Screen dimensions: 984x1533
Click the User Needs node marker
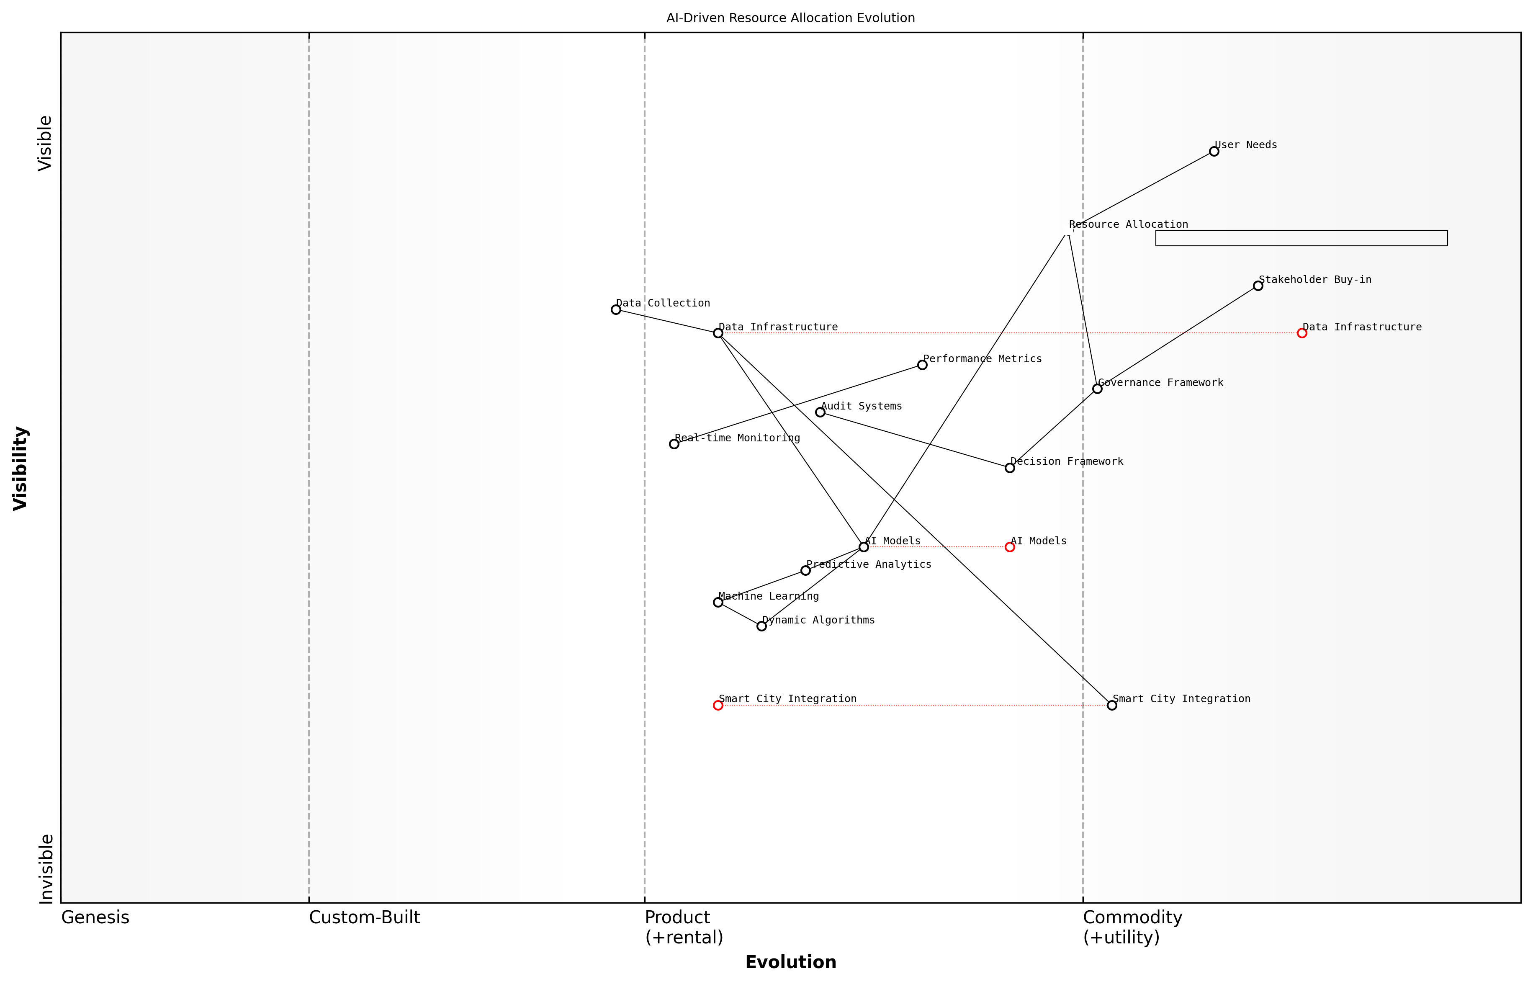coord(1214,152)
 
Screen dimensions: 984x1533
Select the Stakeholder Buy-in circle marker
coord(1258,286)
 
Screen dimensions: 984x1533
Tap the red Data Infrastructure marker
coord(1302,333)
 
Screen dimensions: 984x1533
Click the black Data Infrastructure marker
coord(718,333)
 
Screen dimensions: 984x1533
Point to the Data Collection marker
coord(616,309)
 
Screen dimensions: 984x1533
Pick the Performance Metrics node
coord(922,365)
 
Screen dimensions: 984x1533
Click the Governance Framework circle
coord(1097,389)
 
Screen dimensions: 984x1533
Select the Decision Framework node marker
coord(1010,468)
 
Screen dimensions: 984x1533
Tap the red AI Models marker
coord(1010,547)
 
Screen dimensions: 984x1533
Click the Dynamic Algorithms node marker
coord(761,626)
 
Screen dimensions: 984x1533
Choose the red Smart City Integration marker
coord(718,706)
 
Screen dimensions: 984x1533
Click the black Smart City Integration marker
coord(1112,706)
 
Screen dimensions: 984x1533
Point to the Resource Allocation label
coord(1128,224)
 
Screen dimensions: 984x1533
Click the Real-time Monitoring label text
coord(737,438)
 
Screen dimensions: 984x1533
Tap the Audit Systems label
coord(861,406)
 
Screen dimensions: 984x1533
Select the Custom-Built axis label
coord(364,917)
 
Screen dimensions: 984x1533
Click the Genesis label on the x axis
coord(95,917)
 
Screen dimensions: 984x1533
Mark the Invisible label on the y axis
coord(46,869)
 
